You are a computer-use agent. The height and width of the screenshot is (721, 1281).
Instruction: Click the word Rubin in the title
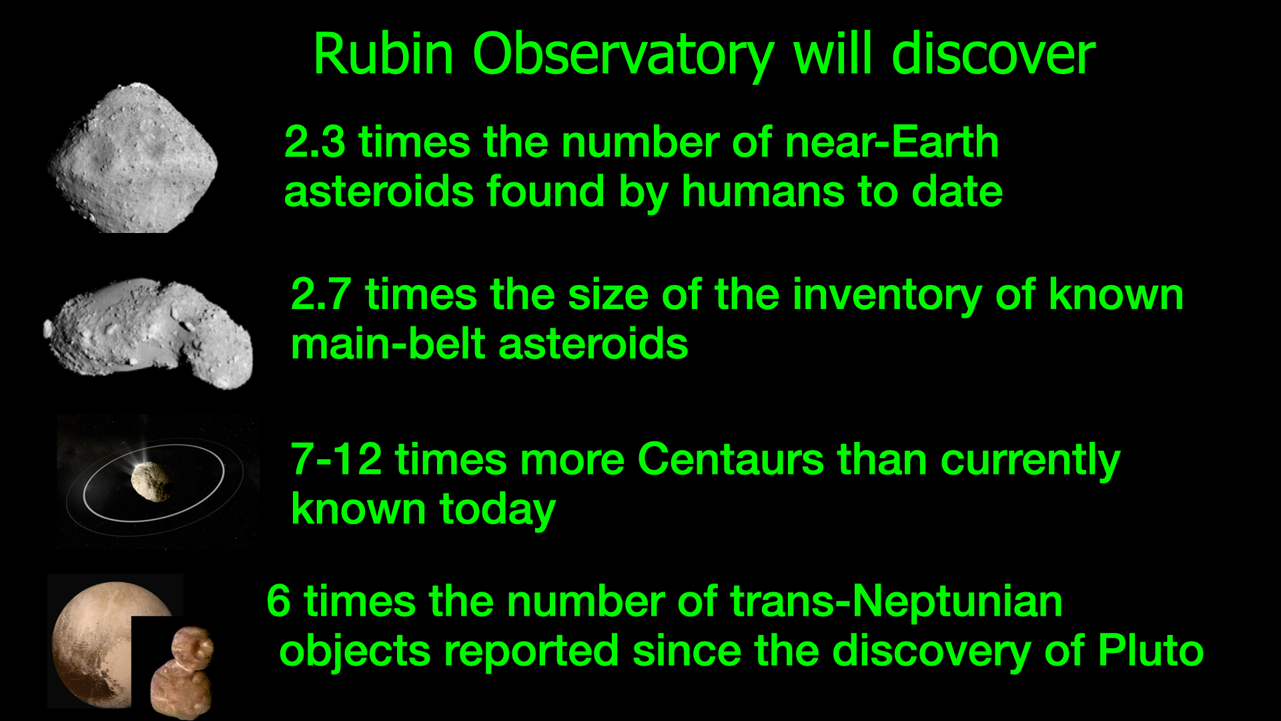384,54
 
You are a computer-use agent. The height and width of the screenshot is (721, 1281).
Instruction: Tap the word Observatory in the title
623,56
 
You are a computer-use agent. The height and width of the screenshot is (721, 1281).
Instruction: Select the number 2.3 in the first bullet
314,142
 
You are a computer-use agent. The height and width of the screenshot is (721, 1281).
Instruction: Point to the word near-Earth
891,142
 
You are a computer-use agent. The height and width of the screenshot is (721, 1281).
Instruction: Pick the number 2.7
321,294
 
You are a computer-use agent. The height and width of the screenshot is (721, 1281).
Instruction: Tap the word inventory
887,296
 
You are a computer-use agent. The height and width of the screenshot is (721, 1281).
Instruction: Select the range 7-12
336,460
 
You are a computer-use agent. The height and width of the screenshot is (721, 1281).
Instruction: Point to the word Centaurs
731,460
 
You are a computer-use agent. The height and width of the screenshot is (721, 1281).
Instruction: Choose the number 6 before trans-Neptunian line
278,601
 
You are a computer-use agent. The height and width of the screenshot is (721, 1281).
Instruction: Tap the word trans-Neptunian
896,602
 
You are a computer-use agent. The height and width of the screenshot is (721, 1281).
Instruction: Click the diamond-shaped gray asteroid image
133,158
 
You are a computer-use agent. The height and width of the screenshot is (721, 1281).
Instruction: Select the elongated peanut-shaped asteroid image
148,333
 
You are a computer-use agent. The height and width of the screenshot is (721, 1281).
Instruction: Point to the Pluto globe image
93,641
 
